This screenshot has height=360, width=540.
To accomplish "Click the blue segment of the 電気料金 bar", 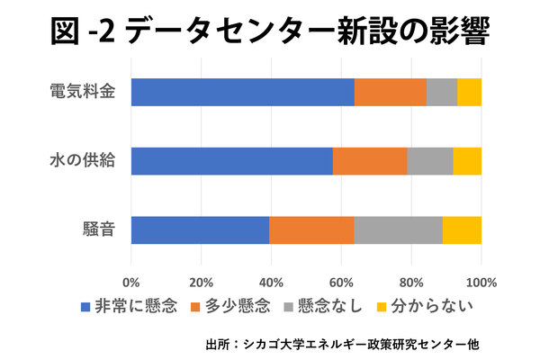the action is pos(243,92).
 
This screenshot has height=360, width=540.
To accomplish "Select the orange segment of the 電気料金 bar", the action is pos(391,92).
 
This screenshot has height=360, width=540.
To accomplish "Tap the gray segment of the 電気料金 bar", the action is pos(442,92).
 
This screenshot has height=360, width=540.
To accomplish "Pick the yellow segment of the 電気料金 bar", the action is pos(470,92).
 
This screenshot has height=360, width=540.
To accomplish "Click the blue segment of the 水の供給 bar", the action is pos(232,161).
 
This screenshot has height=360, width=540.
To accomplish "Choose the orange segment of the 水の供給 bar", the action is pos(370,161).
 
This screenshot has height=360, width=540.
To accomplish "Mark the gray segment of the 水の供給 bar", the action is pos(430,161).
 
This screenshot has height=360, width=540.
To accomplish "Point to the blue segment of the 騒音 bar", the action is pos(200,230).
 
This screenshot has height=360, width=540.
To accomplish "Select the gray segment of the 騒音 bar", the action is pos(399,230).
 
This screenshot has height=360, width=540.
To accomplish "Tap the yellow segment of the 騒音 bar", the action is pos(463,230).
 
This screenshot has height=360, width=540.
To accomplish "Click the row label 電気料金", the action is pos(83,92).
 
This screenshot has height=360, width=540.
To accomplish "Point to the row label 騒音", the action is pos(99,229).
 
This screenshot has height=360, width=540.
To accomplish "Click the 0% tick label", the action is pos(131,283).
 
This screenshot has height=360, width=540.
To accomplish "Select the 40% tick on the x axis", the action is pos(272,283).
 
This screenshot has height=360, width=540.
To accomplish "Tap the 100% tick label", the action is pos(481,283).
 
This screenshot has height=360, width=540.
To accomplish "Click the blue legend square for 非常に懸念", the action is pos(85,307).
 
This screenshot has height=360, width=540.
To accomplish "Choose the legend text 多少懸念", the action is pos(238,306).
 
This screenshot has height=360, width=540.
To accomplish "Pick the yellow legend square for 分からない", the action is pos(382,307).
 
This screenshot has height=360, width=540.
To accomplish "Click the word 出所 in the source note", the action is pos(217,344).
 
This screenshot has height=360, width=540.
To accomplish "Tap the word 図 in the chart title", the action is pos(65,31).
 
